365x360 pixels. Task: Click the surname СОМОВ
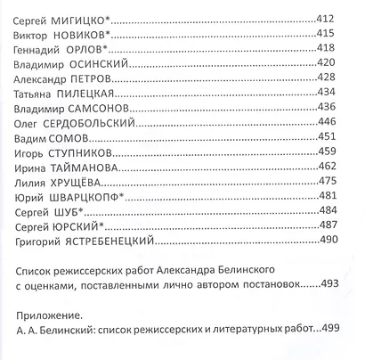76,137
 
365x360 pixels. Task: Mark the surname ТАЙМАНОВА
93,167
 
